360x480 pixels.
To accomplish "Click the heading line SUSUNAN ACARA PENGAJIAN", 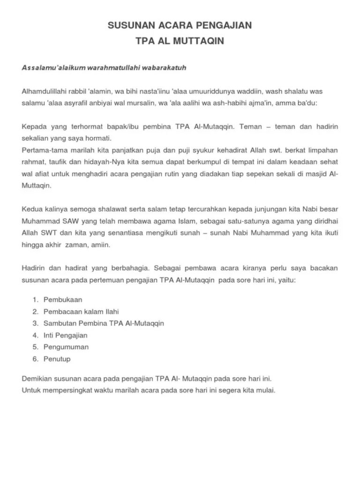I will coord(180,25).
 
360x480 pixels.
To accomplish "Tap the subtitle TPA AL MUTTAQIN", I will coord(180,41).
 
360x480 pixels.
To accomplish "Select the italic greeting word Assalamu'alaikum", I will coord(49,68).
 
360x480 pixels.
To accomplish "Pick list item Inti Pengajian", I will coord(65,335).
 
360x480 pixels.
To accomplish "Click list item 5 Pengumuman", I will coord(66,347).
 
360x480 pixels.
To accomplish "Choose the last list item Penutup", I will coord(57,359).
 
